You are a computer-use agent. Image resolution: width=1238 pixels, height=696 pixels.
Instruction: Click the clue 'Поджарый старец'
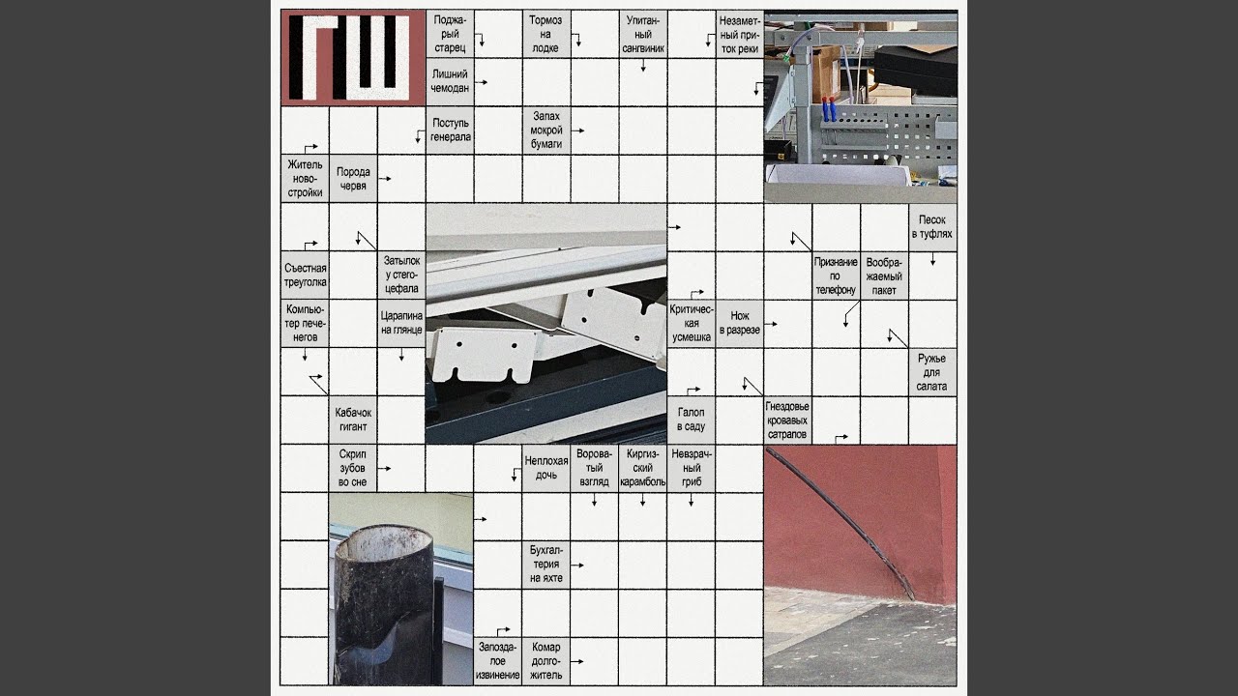click(x=450, y=34)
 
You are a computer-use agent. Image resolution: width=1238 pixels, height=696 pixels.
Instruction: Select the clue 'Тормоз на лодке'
click(x=545, y=34)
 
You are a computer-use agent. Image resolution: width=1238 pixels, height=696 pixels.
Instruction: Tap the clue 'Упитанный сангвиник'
click(x=643, y=34)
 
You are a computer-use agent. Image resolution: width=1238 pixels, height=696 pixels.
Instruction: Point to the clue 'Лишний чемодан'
click(x=450, y=81)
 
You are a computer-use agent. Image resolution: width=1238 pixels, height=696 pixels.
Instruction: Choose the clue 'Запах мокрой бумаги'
click(x=546, y=130)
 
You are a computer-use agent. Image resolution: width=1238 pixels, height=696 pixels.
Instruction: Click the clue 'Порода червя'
click(x=353, y=179)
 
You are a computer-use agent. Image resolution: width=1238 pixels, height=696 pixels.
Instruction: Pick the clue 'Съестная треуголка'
click(x=305, y=275)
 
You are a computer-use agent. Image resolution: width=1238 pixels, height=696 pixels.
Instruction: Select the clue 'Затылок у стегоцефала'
click(x=401, y=275)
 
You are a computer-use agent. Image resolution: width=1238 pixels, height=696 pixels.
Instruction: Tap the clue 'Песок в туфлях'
click(x=932, y=227)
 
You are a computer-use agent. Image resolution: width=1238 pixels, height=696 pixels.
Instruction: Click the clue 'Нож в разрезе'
click(x=740, y=323)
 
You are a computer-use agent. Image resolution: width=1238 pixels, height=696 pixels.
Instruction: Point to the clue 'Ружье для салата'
click(x=931, y=372)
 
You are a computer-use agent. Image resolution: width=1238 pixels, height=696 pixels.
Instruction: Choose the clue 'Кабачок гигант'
click(x=353, y=420)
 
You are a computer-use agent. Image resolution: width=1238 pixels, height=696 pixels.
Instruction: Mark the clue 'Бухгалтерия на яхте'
click(x=546, y=564)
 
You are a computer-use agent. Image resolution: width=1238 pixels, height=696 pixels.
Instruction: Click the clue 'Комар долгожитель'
click(x=546, y=660)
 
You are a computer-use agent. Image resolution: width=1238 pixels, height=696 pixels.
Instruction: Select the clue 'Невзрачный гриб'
click(x=692, y=468)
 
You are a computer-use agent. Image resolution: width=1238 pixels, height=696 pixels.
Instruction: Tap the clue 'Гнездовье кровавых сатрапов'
click(x=787, y=420)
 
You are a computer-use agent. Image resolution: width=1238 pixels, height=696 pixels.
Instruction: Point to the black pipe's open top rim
click(x=384, y=542)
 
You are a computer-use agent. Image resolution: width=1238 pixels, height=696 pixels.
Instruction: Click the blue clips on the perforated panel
click(x=830, y=109)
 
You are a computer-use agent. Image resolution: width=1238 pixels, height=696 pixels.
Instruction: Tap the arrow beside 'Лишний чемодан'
click(x=481, y=82)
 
